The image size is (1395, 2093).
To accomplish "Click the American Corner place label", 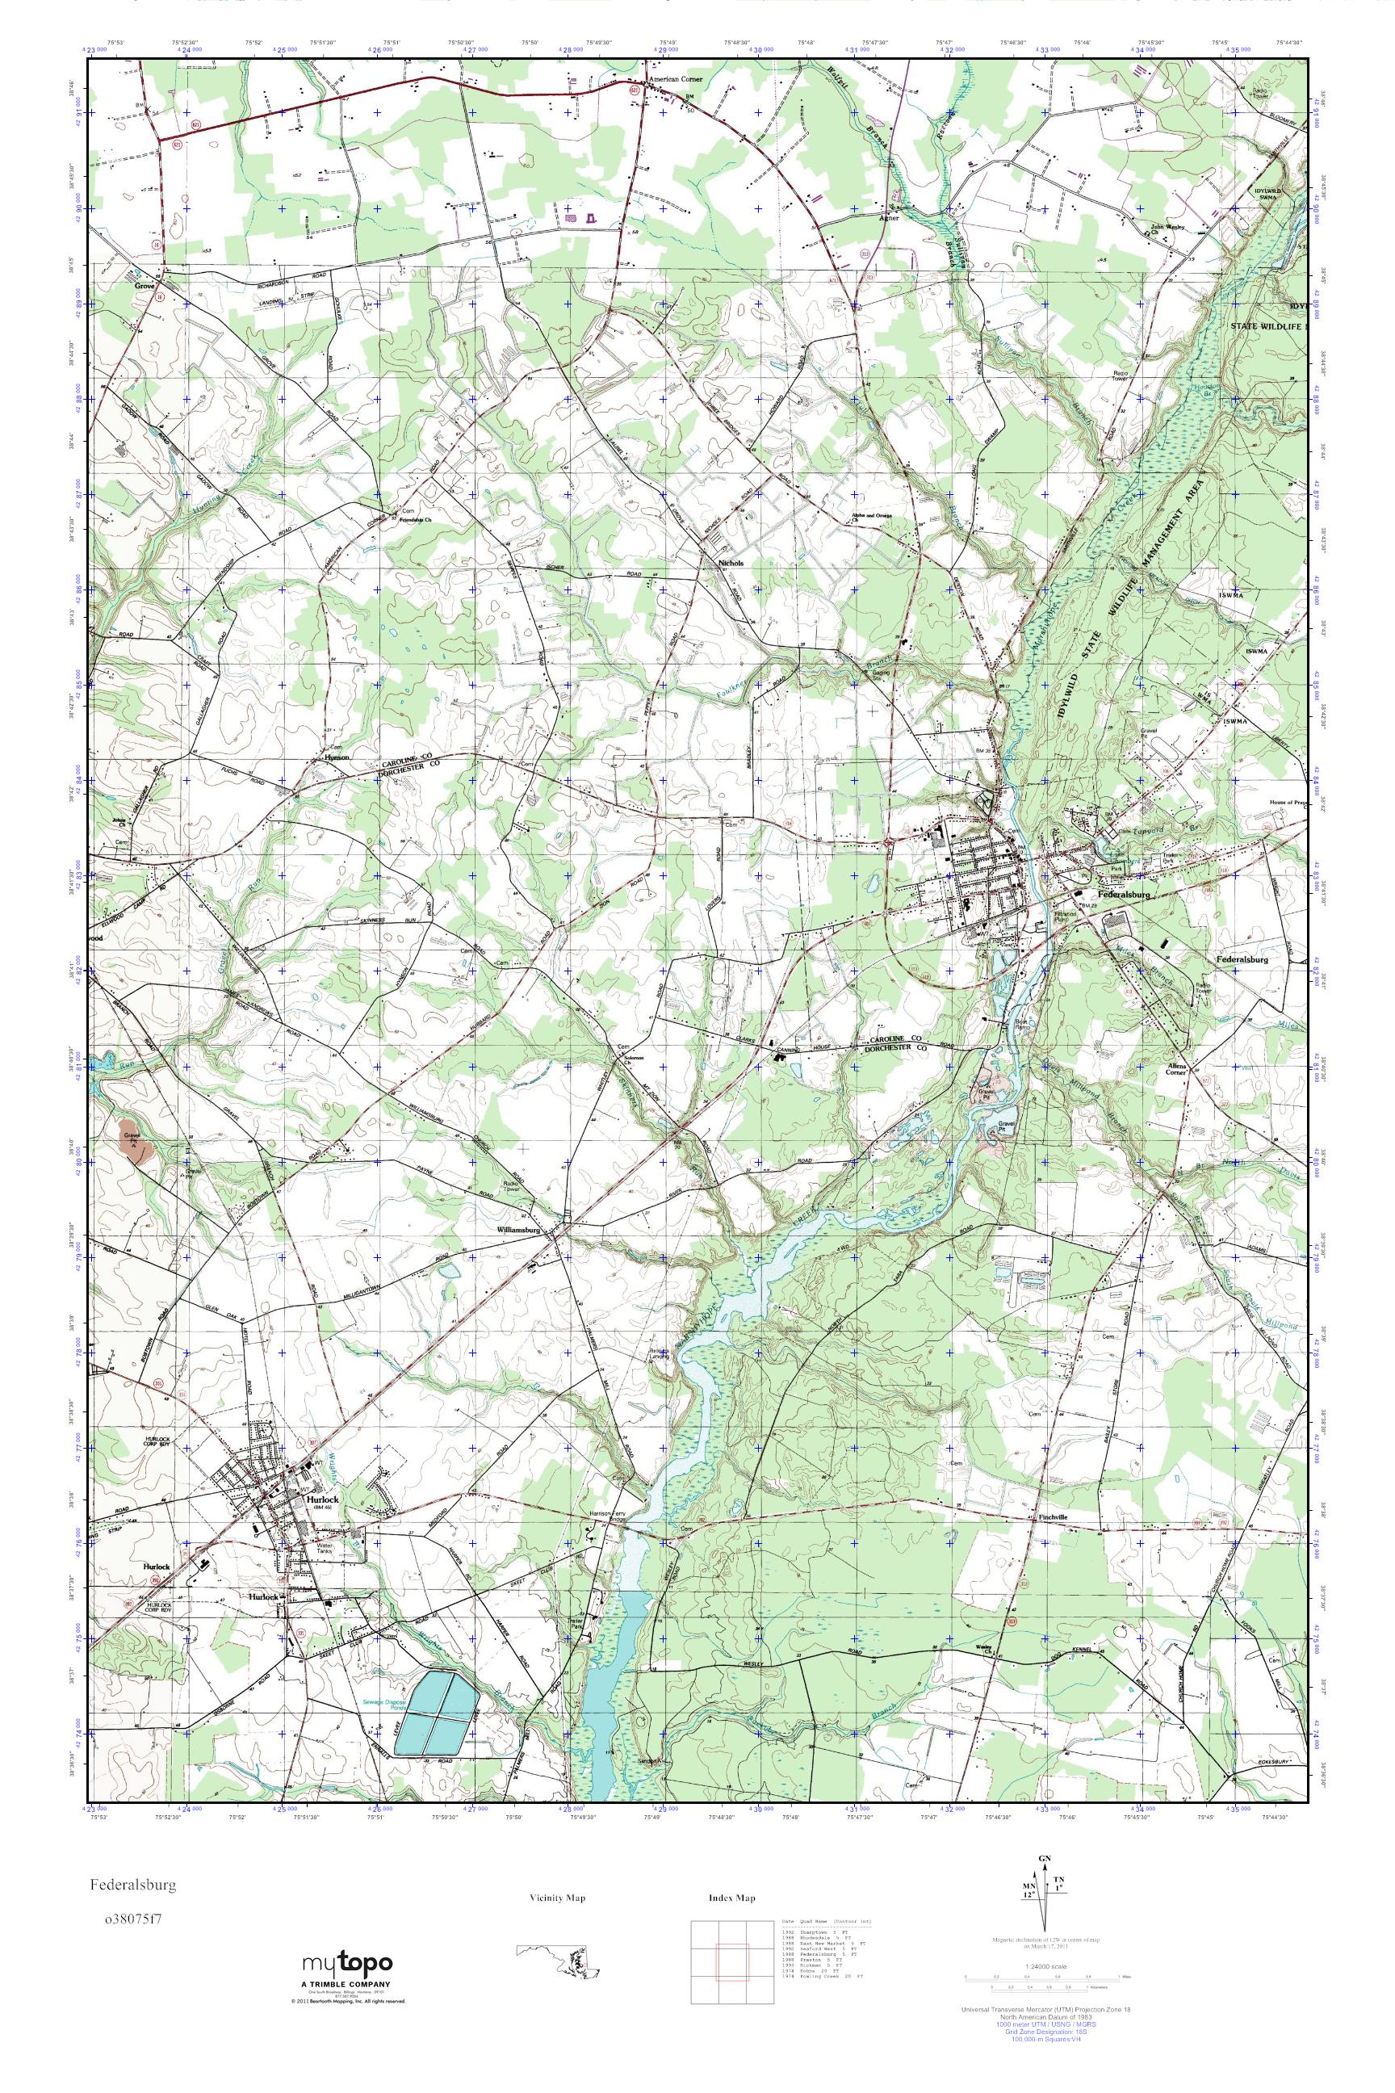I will [x=677, y=79].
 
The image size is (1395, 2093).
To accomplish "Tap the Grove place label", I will [x=145, y=287].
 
